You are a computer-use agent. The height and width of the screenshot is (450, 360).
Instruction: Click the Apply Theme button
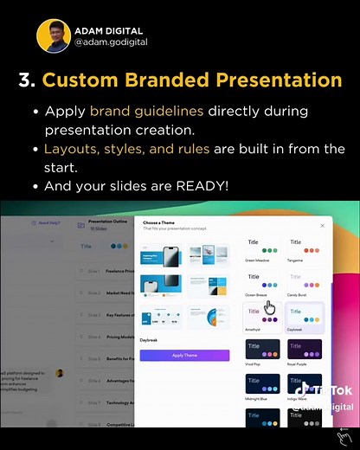pyautogui.click(x=184, y=356)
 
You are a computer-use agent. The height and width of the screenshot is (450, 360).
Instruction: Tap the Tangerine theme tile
pyautogui.click(x=304, y=248)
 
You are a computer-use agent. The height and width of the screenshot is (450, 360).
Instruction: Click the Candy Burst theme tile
pyautogui.click(x=304, y=282)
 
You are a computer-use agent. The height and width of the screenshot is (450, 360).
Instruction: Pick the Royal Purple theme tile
pyautogui.click(x=304, y=351)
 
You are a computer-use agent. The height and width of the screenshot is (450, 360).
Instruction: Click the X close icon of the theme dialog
pyautogui.click(x=323, y=225)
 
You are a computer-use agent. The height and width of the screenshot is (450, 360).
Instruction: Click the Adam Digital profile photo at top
pyautogui.click(x=54, y=35)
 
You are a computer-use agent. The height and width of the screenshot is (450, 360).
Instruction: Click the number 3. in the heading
pyautogui.click(x=27, y=80)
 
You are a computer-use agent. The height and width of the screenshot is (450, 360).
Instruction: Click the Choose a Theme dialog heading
pyautogui.click(x=159, y=222)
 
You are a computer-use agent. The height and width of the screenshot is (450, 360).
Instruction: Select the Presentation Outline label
pyautogui.click(x=108, y=222)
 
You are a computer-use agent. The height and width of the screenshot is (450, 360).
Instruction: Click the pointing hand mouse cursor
pyautogui.click(x=269, y=307)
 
